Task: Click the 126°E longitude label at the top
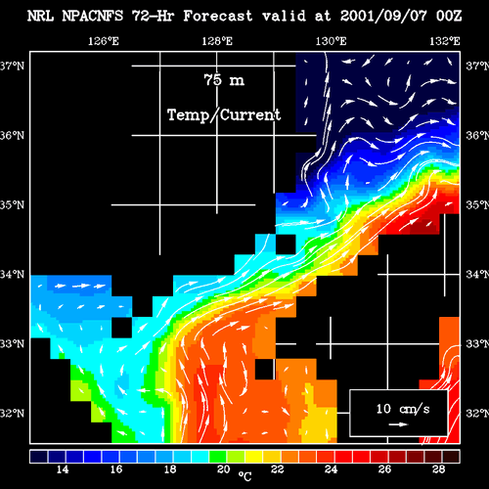pos(104,41)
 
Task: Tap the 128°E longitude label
pos(217,41)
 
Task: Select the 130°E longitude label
pos(331,41)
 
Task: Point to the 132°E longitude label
pos(445,41)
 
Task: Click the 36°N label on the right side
pos(477,135)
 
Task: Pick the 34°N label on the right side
pos(477,275)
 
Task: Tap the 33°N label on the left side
pos(12,344)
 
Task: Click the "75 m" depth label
pos(224,80)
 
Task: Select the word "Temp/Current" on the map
pos(224,115)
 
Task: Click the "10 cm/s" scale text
pos(403,409)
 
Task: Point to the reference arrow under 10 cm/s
pos(398,424)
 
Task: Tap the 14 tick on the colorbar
pos(63,469)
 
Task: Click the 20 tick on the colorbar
pos(224,469)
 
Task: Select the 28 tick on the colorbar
pos(439,469)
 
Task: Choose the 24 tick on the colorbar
pos(332,469)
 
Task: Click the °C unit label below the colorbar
pos(244,476)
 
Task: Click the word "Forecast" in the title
pos(218,16)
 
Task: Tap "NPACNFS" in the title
pos(93,16)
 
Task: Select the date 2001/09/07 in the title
pos(383,16)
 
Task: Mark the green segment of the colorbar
pos(218,457)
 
